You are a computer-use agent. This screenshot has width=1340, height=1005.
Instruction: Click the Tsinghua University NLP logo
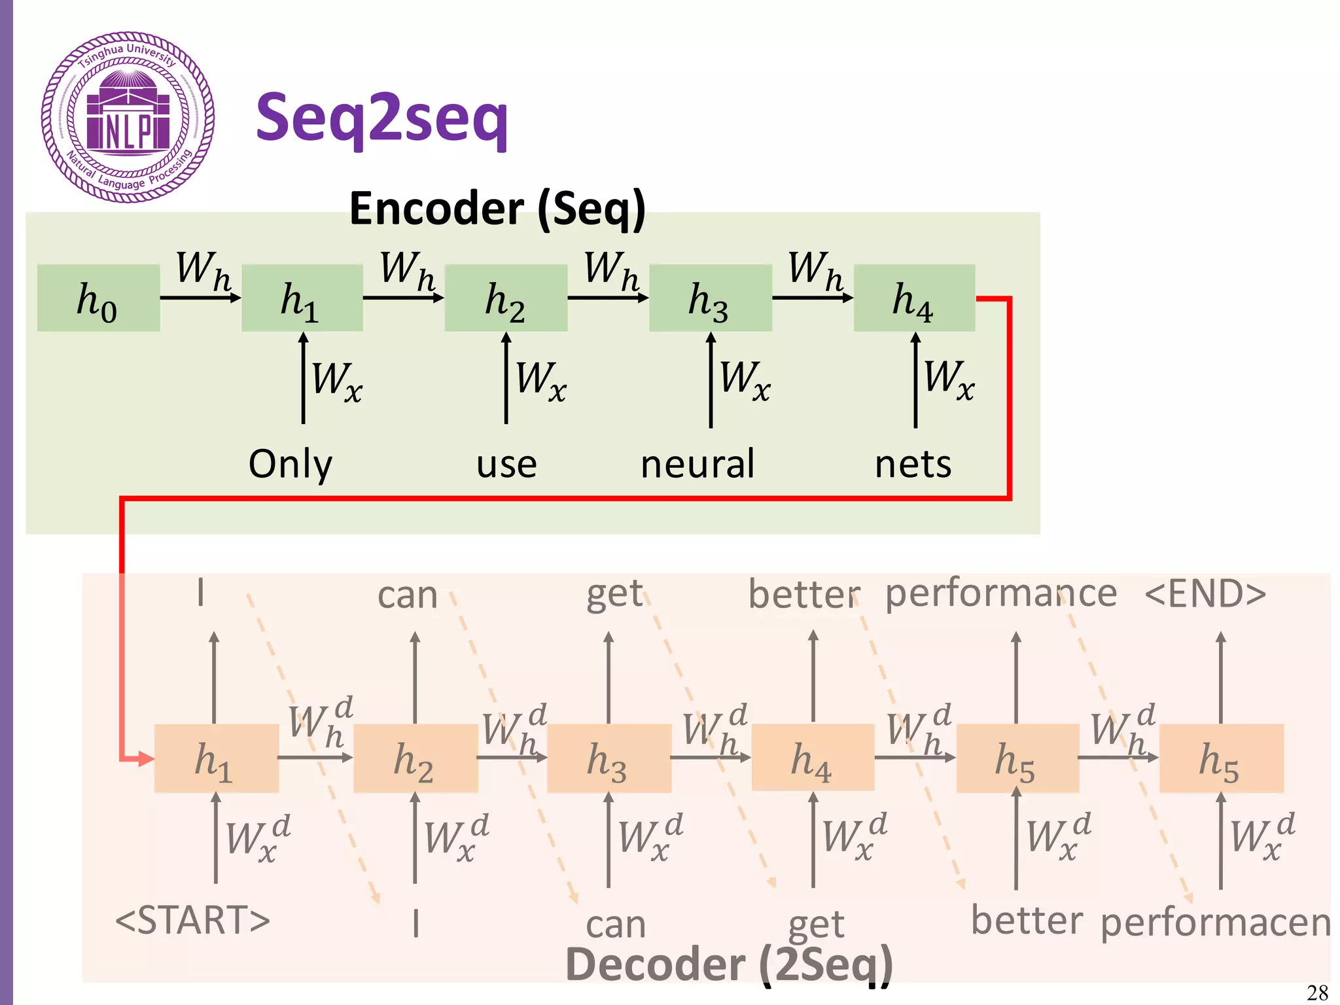pyautogui.click(x=128, y=117)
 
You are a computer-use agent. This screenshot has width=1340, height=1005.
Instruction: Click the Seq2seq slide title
pyautogui.click(x=381, y=118)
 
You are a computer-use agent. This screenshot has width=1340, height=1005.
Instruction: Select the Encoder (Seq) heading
pyautogui.click(x=497, y=209)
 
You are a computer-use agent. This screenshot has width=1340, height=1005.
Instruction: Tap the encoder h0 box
pyautogui.click(x=98, y=298)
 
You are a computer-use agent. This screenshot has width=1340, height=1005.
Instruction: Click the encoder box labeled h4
pyautogui.click(x=914, y=298)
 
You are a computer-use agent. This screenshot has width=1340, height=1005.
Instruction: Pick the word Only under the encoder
pyautogui.click(x=291, y=465)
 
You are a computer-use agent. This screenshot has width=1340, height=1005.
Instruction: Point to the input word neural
pyautogui.click(x=697, y=465)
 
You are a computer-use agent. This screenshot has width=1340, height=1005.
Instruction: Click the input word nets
pyautogui.click(x=913, y=465)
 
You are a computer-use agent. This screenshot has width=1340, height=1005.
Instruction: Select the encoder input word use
pyautogui.click(x=506, y=465)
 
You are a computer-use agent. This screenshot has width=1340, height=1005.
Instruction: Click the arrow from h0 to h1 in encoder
pyautogui.click(x=200, y=298)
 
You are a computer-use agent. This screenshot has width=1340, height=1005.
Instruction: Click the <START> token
pyautogui.click(x=192, y=920)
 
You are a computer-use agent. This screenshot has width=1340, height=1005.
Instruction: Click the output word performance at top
pyautogui.click(x=1001, y=594)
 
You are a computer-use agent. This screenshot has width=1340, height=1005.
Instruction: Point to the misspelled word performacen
pyautogui.click(x=1216, y=923)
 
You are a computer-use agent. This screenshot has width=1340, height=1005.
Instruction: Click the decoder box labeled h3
pyautogui.click(x=608, y=759)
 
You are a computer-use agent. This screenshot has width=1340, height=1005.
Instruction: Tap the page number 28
pyautogui.click(x=1317, y=993)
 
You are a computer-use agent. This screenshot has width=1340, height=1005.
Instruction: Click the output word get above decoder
pyautogui.click(x=615, y=594)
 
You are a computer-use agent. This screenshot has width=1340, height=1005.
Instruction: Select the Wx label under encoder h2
pyautogui.click(x=540, y=379)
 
